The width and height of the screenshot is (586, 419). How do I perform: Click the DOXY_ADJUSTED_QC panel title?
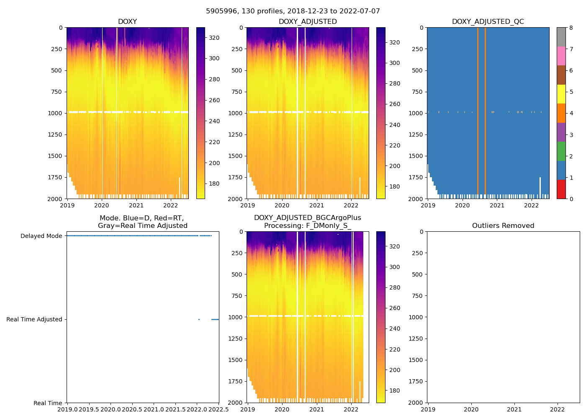(488, 22)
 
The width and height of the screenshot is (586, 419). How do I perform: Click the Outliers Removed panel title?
(503, 226)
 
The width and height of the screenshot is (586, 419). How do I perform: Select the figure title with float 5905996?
(293, 11)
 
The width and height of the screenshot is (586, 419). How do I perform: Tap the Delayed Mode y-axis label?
(41, 236)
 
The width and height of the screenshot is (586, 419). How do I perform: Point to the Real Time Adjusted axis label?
(34, 320)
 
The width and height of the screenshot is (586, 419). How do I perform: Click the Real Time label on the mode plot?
(48, 403)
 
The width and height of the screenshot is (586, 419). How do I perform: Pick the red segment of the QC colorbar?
(561, 189)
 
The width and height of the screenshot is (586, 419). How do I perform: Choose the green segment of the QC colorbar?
(561, 151)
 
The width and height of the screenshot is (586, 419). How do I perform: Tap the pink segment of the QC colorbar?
(561, 56)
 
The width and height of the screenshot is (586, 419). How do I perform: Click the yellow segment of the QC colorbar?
(561, 94)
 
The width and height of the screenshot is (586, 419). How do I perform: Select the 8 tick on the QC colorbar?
(571, 28)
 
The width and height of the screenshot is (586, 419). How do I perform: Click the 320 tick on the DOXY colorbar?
(214, 38)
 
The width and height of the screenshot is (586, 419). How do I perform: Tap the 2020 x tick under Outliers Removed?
(471, 409)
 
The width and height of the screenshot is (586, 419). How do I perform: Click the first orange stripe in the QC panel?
(478, 109)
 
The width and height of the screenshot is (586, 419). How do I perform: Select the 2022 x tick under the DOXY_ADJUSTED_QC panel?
(532, 205)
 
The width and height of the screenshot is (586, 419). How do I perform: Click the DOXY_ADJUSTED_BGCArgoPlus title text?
(307, 218)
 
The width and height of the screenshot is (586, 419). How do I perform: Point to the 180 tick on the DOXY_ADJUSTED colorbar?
(394, 187)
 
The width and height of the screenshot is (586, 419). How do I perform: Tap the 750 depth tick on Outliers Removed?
(416, 296)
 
